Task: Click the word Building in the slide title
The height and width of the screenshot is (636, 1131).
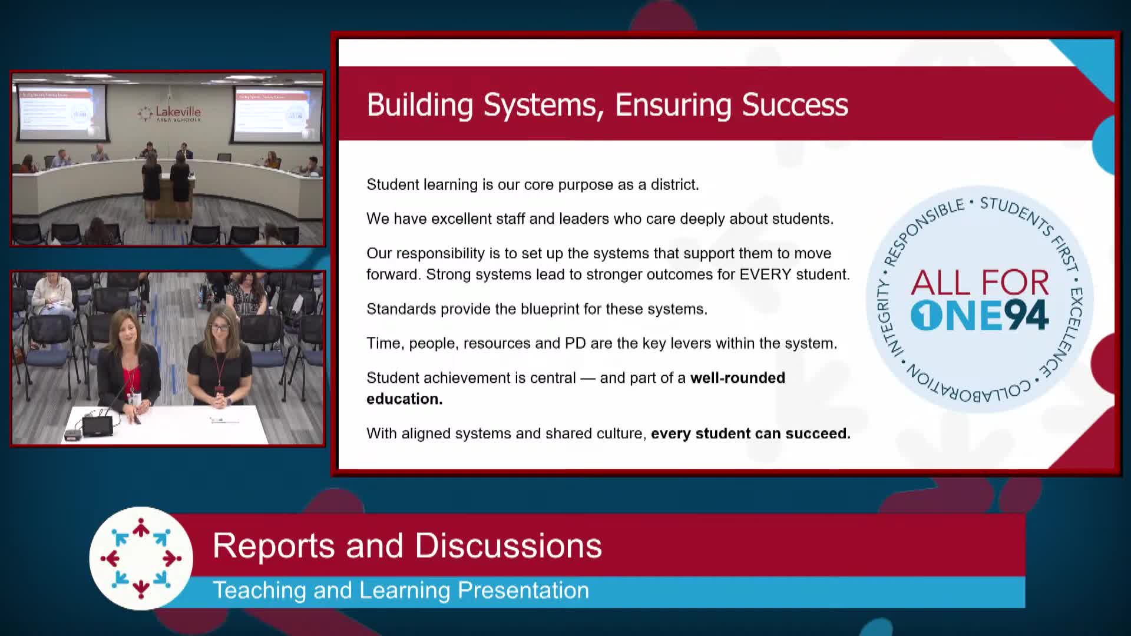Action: pyautogui.click(x=419, y=105)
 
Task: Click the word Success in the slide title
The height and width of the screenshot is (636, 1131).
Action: pyautogui.click(x=795, y=105)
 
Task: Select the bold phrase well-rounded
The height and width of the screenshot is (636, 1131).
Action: pyautogui.click(x=738, y=377)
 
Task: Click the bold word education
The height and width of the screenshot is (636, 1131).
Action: pyautogui.click(x=404, y=399)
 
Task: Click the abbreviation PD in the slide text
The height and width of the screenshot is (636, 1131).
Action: pyautogui.click(x=575, y=343)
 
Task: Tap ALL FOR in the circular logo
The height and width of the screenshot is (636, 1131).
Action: pyautogui.click(x=980, y=283)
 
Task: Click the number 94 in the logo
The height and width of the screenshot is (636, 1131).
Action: pyautogui.click(x=1026, y=315)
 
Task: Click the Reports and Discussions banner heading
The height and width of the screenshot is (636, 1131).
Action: pyautogui.click(x=407, y=545)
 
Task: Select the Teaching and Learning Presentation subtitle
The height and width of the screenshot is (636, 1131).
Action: pyautogui.click(x=401, y=590)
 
